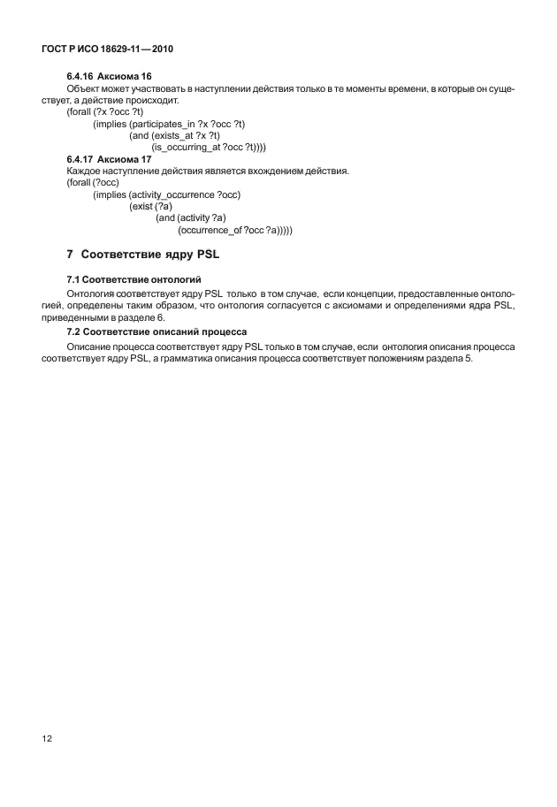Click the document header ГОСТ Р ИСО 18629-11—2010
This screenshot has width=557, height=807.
point(105,49)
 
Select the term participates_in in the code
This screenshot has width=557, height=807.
point(162,124)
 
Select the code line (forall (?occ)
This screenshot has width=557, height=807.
point(87,182)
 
